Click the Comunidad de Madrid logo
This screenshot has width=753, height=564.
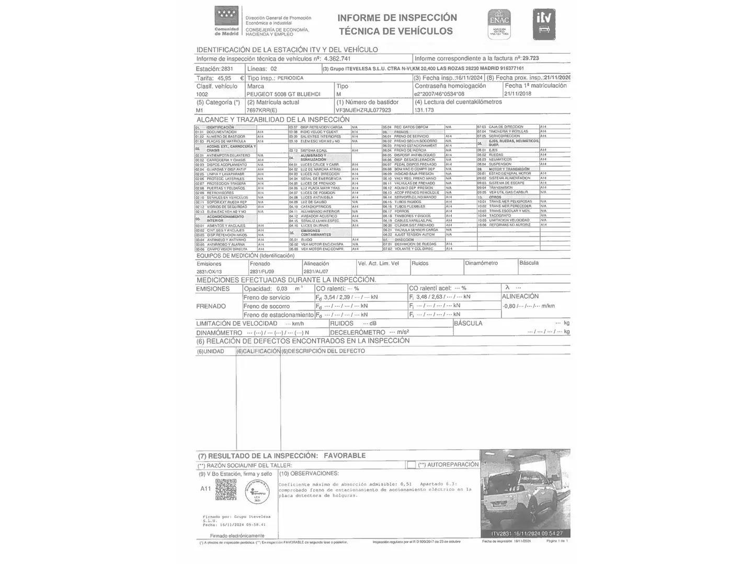226,21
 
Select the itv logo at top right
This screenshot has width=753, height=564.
544,24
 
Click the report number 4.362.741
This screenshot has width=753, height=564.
337,59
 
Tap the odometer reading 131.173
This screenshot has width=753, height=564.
424,111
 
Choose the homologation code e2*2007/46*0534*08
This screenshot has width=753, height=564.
439,95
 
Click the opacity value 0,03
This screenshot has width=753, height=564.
282,289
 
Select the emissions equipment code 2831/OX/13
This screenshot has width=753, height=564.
209,272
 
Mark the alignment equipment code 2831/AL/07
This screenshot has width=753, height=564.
316,272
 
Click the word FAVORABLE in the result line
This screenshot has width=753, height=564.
345,456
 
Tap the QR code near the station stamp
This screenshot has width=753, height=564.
226,490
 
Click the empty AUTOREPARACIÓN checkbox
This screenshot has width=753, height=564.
412,465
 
